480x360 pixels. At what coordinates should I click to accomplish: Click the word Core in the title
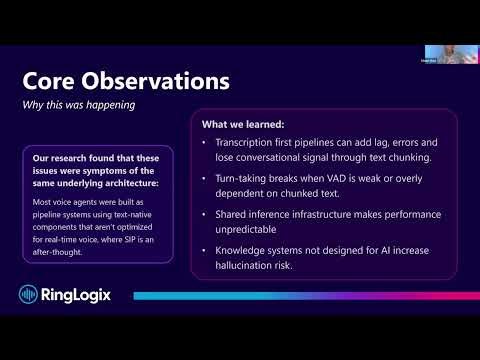tap(53, 79)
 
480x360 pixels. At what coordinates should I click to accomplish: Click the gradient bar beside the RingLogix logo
tap(300, 296)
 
